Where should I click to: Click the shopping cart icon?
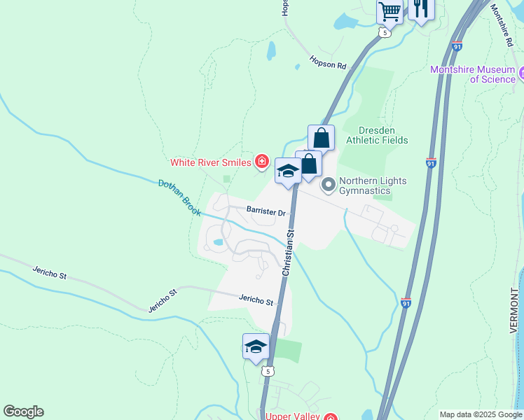(389, 10)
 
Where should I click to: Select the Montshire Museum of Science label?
(473, 74)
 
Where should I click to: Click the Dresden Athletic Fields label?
(382, 135)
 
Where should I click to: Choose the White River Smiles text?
(211, 163)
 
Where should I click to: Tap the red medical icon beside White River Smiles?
(262, 162)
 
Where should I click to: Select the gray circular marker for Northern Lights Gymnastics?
(328, 186)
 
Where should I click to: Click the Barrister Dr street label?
(266, 212)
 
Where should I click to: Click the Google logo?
(23, 412)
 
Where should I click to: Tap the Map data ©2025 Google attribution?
(480, 414)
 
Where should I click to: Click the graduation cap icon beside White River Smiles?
(288, 171)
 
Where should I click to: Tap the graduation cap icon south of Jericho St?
(256, 346)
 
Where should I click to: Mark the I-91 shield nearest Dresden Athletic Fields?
(432, 162)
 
